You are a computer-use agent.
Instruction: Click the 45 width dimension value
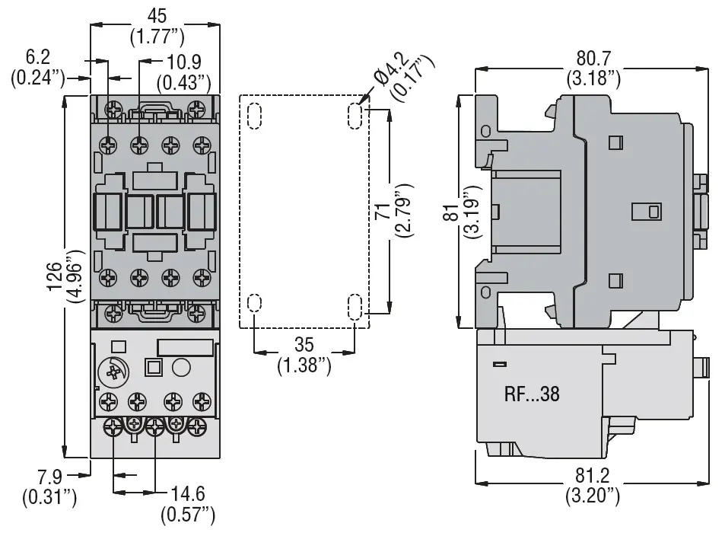[156, 16]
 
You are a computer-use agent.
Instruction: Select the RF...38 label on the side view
[532, 394]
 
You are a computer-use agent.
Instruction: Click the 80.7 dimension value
[593, 59]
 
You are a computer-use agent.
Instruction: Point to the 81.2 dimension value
[593, 475]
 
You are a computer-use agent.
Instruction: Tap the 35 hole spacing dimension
[304, 345]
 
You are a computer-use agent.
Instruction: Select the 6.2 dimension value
[37, 57]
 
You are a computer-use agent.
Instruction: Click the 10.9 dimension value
[183, 62]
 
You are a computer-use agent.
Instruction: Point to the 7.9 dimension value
[49, 477]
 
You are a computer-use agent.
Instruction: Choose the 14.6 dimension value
[188, 494]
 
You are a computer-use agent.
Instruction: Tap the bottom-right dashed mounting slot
[355, 306]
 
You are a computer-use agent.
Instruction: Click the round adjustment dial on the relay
[113, 372]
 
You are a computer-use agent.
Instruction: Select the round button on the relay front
[181, 368]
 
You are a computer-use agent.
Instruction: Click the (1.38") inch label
[304, 365]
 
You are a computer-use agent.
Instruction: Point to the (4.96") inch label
[75, 276]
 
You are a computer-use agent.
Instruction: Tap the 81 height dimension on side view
[453, 212]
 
